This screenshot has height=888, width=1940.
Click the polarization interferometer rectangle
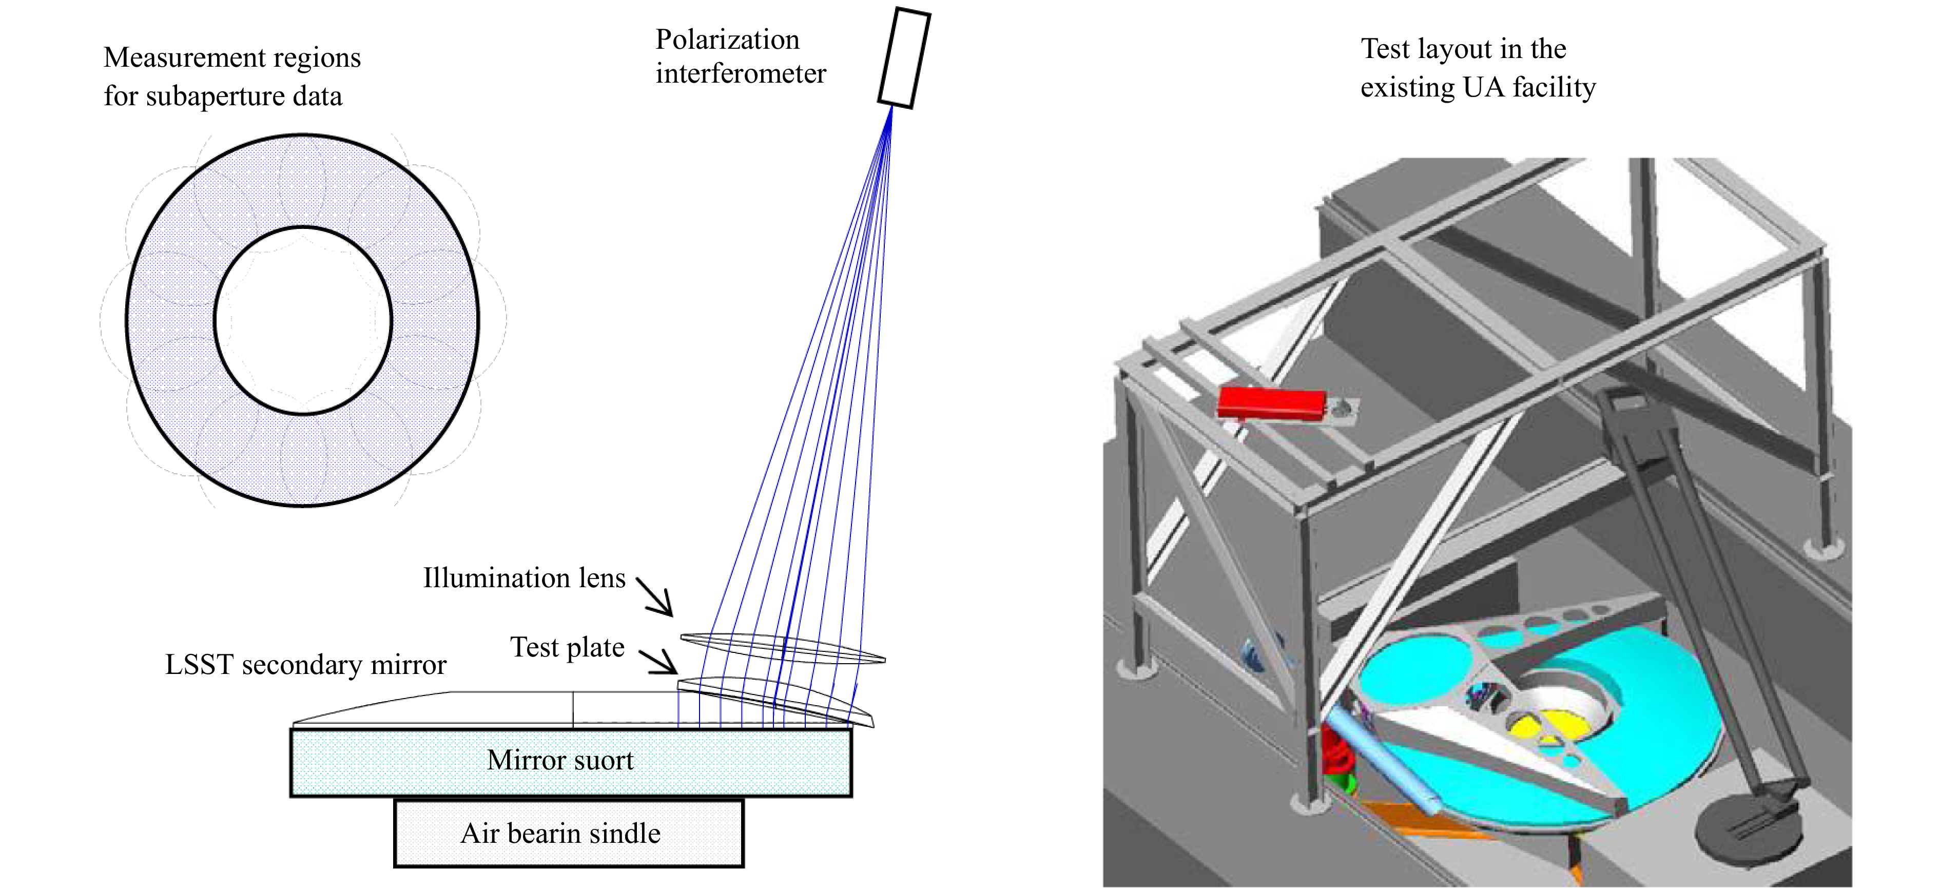904,58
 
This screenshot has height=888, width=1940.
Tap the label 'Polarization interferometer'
740,56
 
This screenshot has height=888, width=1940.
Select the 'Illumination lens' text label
524,577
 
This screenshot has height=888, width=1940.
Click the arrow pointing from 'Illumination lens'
654,596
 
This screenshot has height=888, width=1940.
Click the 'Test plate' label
567,647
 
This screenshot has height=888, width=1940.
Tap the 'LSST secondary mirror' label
306,664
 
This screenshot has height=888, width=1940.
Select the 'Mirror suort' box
571,761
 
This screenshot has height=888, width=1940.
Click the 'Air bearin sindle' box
569,833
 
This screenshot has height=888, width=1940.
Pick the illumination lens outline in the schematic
783,648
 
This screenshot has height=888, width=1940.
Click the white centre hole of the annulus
303,321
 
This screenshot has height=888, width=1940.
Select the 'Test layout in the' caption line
1463,49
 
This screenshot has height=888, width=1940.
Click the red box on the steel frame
1272,402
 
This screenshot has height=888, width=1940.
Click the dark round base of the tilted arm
1747,832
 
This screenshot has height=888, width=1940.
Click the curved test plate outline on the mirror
775,699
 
